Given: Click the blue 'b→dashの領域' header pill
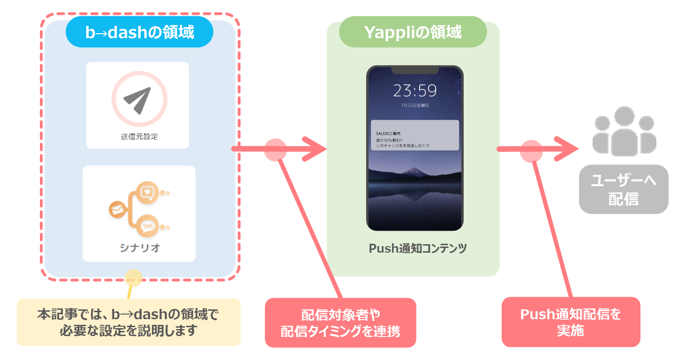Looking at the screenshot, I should pos(139,32).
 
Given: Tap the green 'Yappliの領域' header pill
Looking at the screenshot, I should pos(413,32).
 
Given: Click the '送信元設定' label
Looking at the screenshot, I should pos(139,137).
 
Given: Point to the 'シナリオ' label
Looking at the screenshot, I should pos(139,248).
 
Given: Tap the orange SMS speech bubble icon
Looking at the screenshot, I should pos(148,227).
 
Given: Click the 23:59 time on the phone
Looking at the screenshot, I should pos(414,90).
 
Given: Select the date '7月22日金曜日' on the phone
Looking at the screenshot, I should pos(414,105).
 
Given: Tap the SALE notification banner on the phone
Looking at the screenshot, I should pos(414,135).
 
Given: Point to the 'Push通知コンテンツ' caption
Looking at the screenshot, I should pos(417,248).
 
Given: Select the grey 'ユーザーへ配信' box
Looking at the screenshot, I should pos(624,189).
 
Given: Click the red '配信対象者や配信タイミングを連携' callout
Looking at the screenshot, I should pos(340,323).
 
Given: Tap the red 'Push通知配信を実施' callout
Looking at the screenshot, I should pos(571,322).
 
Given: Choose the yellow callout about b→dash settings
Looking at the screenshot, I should pos(128,322).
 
